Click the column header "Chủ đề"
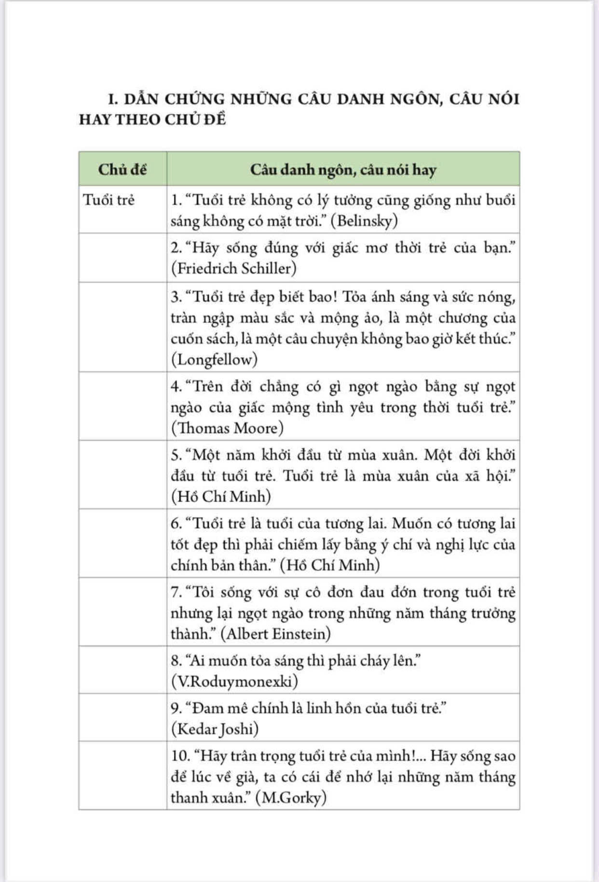pyautogui.click(x=123, y=169)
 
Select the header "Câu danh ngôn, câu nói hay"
pyautogui.click(x=343, y=170)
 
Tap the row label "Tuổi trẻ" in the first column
pyautogui.click(x=109, y=200)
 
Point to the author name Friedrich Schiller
pyautogui.click(x=234, y=268)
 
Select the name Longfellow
pyautogui.click(x=214, y=359)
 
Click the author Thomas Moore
pyautogui.click(x=228, y=428)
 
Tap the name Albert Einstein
pyautogui.click(x=275, y=633)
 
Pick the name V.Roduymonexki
pyautogui.click(x=234, y=681)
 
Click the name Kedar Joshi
pyautogui.click(x=215, y=728)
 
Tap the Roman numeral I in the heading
pyautogui.click(x=112, y=99)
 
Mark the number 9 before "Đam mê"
pyautogui.click(x=176, y=708)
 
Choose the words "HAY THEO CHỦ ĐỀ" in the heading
pyautogui.click(x=152, y=119)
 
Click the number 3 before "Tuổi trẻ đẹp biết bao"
pyautogui.click(x=176, y=297)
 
